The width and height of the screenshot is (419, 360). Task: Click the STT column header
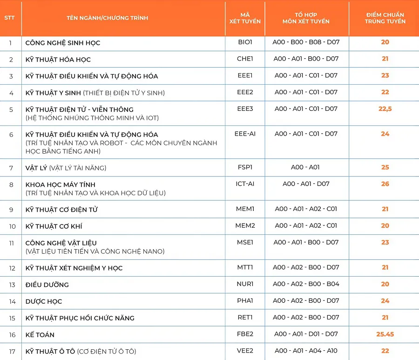point(9,18)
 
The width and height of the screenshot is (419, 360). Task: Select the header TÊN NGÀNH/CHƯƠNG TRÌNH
point(107,18)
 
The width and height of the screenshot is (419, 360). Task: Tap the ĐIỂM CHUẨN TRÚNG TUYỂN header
point(385,18)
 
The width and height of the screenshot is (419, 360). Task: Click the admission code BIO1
point(245,42)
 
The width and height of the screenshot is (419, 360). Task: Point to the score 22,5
point(385,109)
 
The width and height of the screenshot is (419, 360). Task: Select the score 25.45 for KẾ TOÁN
point(385,334)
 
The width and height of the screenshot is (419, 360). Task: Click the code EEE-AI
point(245,134)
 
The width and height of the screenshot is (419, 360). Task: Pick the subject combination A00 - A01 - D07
point(306,184)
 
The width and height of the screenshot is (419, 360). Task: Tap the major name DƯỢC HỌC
point(44,301)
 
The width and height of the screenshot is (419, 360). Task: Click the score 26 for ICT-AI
point(385,184)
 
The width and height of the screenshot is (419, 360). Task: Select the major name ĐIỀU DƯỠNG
point(47,285)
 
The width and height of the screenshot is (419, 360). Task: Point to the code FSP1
point(245,167)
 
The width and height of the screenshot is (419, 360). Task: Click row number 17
point(12,352)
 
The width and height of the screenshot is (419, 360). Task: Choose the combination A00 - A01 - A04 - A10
point(306,351)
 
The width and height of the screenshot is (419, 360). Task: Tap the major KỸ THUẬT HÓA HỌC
point(58,60)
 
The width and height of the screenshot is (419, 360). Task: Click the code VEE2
point(245,351)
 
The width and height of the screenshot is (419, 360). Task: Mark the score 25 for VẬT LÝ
point(385,167)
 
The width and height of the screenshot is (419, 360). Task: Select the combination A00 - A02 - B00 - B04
point(306,284)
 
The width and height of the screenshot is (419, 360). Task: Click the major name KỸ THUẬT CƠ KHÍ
point(54,226)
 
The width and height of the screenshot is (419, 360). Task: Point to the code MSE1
point(245,242)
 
